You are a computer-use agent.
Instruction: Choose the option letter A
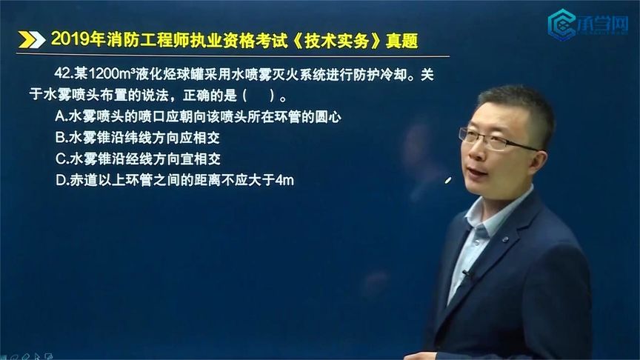[60, 116]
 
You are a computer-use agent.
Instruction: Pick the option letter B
[60, 138]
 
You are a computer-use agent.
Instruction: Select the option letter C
[60, 159]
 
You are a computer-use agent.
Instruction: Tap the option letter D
[60, 180]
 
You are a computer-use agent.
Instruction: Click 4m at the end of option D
[284, 180]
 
